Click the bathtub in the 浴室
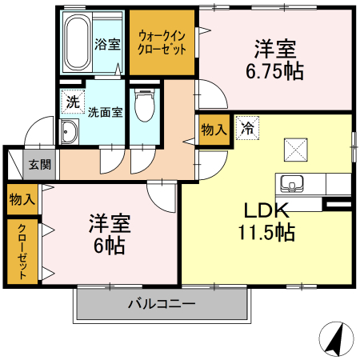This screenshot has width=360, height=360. pos(75,44)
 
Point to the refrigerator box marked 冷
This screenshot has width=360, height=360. pos(248,128)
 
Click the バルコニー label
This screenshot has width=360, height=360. pos(161,304)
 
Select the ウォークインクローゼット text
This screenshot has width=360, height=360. pos(163,41)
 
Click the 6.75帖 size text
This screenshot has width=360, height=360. pos(274,71)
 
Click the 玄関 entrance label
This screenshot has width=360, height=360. pos(40,166)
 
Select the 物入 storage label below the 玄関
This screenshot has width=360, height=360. pos(21,197)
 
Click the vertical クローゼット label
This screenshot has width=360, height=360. pos(22,250)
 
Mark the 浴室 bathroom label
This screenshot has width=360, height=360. pos(107,44)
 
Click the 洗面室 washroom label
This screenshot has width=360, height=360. pos(105,112)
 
